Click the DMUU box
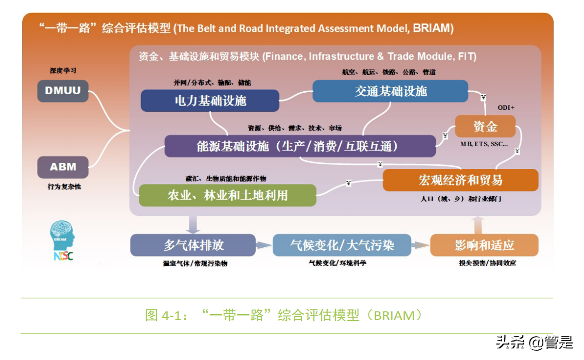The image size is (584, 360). (x=63, y=91)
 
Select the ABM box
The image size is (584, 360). (x=63, y=167)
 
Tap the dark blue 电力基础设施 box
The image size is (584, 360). (x=210, y=100)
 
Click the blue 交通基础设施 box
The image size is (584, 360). (x=390, y=91)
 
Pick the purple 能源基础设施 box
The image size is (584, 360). (x=299, y=146)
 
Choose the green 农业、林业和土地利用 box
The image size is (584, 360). (x=227, y=195)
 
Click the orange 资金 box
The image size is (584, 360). (x=485, y=126)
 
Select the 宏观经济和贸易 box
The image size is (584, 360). (x=460, y=180)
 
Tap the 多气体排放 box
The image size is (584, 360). (x=193, y=245)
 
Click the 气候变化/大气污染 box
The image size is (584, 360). (x=342, y=245)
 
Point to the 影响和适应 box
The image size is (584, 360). (x=484, y=245)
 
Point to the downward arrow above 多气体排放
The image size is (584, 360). (x=193, y=224)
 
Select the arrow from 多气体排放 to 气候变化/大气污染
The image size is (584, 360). (x=264, y=246)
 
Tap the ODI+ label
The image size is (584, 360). (x=506, y=108)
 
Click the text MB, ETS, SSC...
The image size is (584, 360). (x=484, y=144)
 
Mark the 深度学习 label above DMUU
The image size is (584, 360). (x=63, y=71)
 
